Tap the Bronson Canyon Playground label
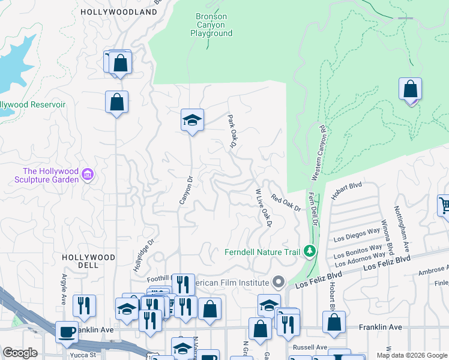click(211, 25)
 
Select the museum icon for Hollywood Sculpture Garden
click(88, 175)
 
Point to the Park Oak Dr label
click(232, 131)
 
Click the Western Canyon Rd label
click(319, 153)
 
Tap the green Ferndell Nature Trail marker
click(309, 251)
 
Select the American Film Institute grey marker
click(277, 281)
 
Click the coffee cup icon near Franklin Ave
click(66, 331)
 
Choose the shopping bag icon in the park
click(411, 89)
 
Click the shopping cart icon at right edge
click(444, 206)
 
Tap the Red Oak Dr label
click(285, 203)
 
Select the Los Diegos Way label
click(357, 235)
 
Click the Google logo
click(20, 353)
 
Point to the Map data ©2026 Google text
click(411, 355)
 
